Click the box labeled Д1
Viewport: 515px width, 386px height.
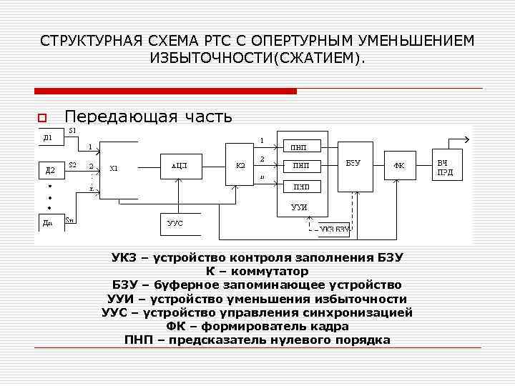click(49, 137)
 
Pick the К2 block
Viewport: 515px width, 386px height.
click(241, 166)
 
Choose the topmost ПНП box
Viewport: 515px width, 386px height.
click(300, 148)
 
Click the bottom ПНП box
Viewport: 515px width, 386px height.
click(300, 187)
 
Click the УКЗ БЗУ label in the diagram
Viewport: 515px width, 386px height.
click(334, 229)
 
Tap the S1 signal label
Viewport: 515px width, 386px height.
click(72, 131)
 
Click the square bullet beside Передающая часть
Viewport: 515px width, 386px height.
click(42, 117)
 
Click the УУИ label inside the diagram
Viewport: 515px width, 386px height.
click(300, 207)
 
